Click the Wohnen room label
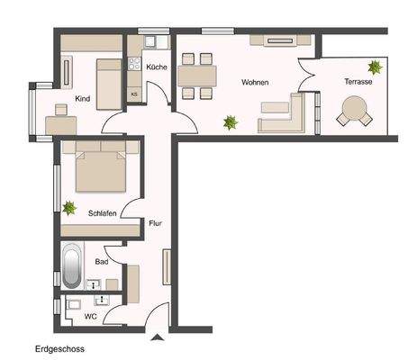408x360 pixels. pos(255,82)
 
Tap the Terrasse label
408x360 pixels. pos(358,82)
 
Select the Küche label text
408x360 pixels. pos(156,67)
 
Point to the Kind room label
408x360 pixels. pos(83,98)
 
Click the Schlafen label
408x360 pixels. pos(104,213)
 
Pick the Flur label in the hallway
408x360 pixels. pos(155,222)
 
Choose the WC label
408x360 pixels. pos(89,316)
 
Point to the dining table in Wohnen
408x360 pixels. pos(195,75)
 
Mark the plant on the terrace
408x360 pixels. pos(374,66)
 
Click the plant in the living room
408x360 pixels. pos(231,121)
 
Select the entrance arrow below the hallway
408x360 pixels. pos(159,337)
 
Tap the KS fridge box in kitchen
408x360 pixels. pos(135,94)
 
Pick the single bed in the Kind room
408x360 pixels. pos(107,80)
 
